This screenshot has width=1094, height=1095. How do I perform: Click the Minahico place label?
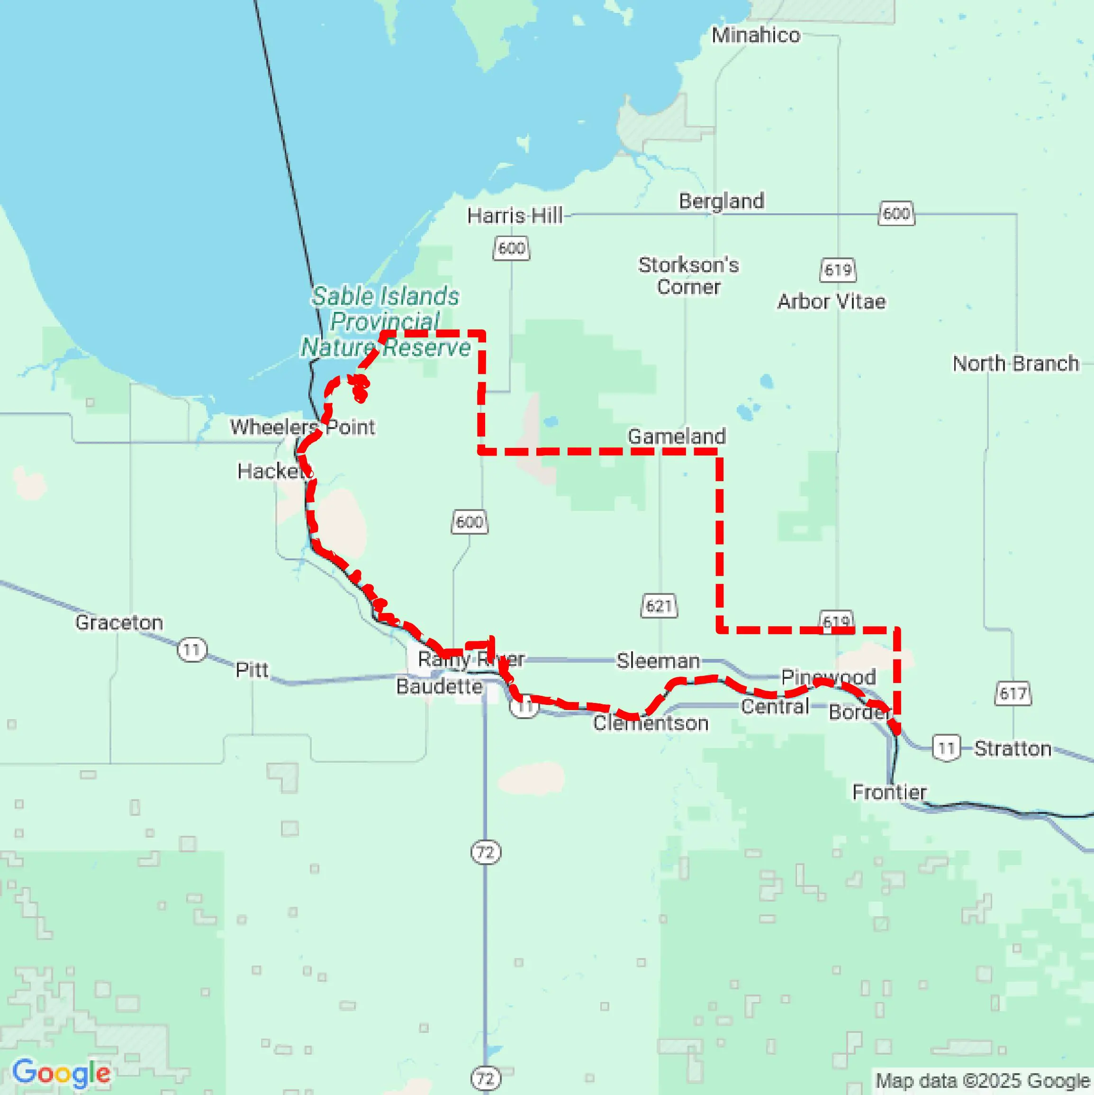756,35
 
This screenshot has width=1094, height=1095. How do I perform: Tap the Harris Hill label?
515,215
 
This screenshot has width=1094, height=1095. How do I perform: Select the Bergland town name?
721,201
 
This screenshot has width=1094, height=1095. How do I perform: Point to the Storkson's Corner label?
688,275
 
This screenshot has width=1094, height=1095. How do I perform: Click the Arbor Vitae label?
831,301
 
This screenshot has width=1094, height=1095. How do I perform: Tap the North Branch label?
1015,363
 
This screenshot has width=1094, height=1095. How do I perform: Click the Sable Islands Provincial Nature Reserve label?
385,321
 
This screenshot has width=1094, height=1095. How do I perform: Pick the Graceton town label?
119,622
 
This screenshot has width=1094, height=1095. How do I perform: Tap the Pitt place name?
252,669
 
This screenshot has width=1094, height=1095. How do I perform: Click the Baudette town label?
439,686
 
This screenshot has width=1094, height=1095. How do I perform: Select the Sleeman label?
658,660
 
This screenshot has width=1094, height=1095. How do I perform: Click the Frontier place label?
889,791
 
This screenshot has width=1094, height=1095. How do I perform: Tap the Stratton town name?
1013,748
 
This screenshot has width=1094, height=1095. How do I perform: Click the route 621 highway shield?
659,606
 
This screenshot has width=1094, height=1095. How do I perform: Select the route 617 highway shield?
1013,693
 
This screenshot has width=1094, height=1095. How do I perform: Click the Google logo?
61,1073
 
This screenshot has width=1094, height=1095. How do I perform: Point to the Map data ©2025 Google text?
983,1081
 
